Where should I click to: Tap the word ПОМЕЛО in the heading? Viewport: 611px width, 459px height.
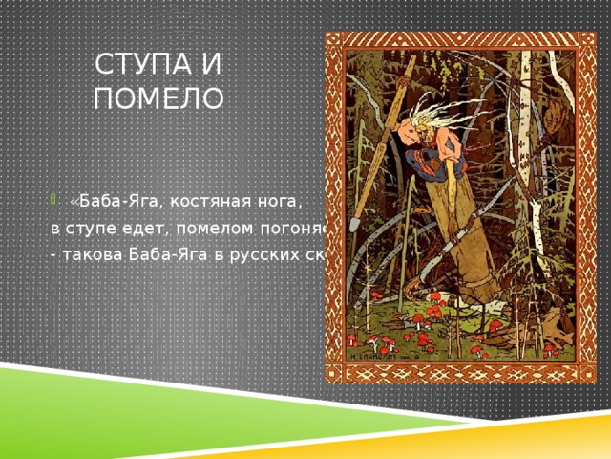click(158, 98)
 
